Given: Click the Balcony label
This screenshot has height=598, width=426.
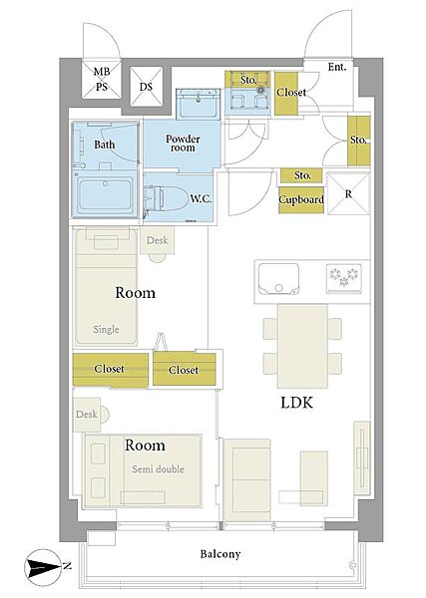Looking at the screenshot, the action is (220, 554).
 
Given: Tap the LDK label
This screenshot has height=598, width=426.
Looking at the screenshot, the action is (296, 403).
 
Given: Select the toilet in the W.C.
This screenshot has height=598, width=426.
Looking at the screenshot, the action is (164, 197).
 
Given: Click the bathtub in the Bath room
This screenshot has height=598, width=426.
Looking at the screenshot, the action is (105, 194).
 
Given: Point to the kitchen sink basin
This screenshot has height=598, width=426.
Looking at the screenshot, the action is (278, 279).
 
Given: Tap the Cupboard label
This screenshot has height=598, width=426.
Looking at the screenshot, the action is (301, 199).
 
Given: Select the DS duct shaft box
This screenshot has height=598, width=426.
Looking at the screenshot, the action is (147, 87).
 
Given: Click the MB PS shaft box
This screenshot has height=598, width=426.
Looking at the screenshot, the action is (102, 79).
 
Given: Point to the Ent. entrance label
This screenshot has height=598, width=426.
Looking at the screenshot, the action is (337, 67).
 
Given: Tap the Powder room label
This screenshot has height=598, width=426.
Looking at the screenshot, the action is (183, 143).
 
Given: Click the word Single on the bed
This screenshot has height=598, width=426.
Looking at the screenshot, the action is (106, 329).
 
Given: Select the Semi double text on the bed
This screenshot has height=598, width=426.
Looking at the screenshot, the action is (158, 469).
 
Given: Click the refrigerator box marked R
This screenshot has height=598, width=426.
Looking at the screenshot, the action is (348, 193).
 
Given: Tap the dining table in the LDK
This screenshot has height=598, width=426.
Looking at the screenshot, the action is (302, 346).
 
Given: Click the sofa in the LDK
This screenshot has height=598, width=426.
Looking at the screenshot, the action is (247, 480).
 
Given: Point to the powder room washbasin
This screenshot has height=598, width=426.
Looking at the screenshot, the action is (199, 104).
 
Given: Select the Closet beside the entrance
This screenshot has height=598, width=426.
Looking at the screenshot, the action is (290, 93).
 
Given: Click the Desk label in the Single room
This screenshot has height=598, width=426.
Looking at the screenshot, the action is (158, 240).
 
